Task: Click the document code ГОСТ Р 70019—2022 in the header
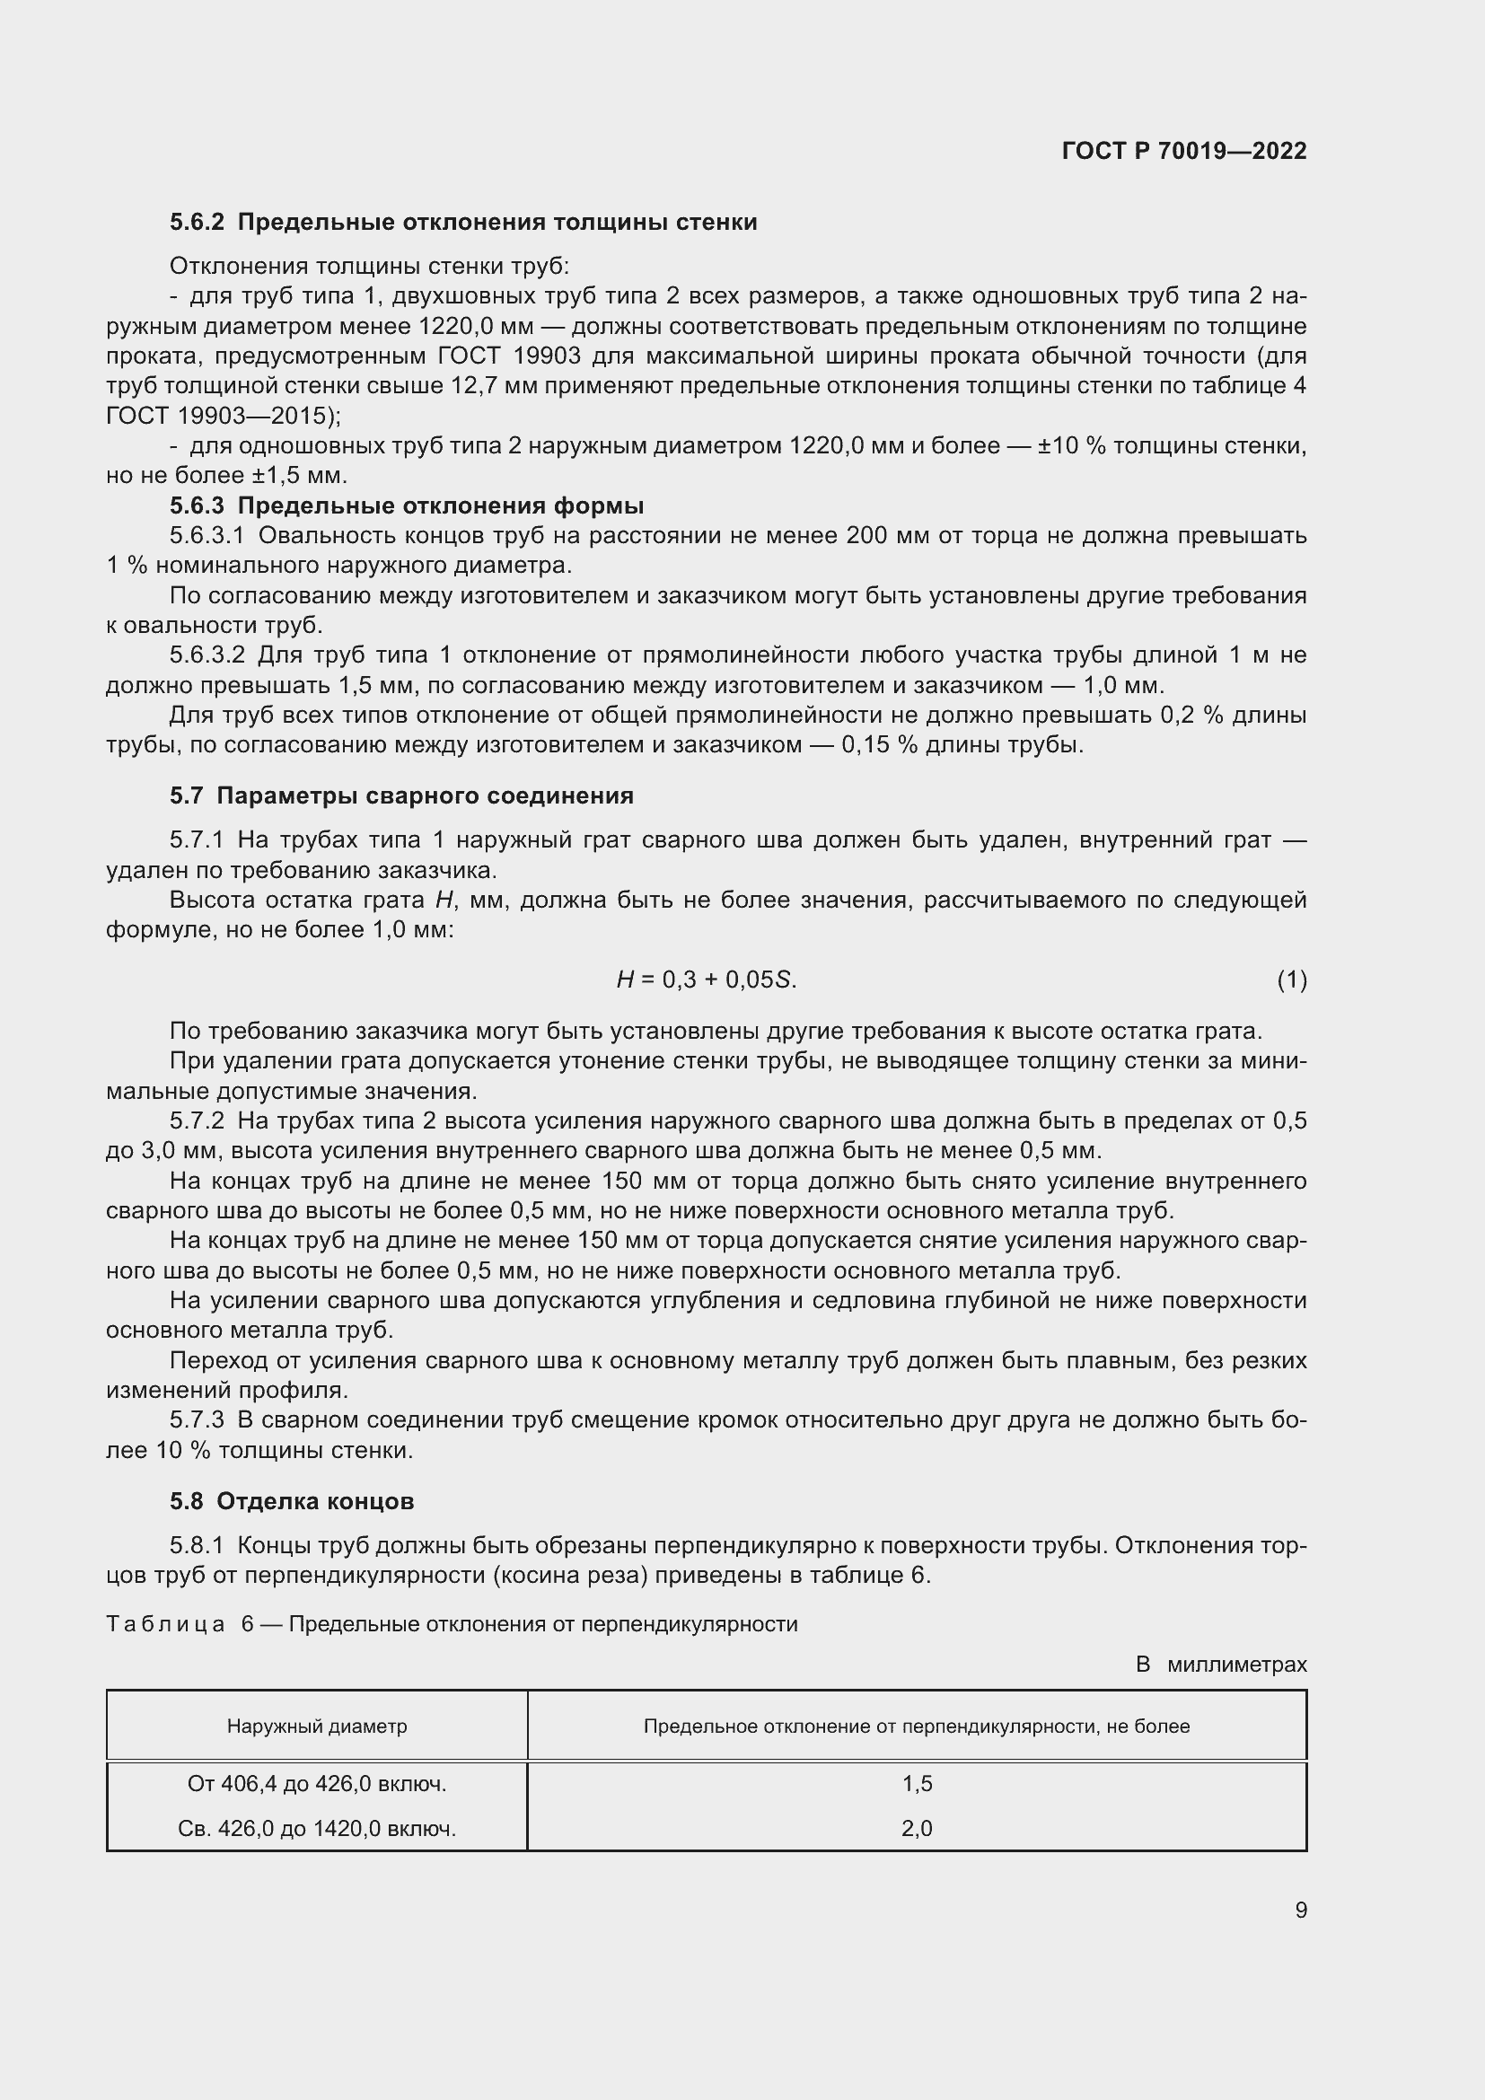point(1183,151)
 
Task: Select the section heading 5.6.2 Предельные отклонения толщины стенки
point(462,223)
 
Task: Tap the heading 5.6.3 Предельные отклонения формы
point(406,505)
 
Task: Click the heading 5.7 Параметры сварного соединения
point(401,795)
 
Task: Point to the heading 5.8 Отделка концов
point(292,1501)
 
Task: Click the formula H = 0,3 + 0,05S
point(706,980)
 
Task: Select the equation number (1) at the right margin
point(1291,980)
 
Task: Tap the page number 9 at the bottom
point(1300,1910)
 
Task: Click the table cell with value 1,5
point(917,1784)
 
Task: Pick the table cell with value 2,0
point(917,1828)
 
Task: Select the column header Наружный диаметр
point(316,1726)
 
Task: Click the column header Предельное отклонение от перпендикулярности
point(917,1726)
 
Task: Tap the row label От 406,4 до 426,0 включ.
point(316,1784)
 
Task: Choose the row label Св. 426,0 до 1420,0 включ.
point(316,1828)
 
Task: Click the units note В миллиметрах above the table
point(1221,1665)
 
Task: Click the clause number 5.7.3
point(197,1420)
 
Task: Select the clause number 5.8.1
point(197,1546)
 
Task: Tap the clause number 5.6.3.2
point(206,655)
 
